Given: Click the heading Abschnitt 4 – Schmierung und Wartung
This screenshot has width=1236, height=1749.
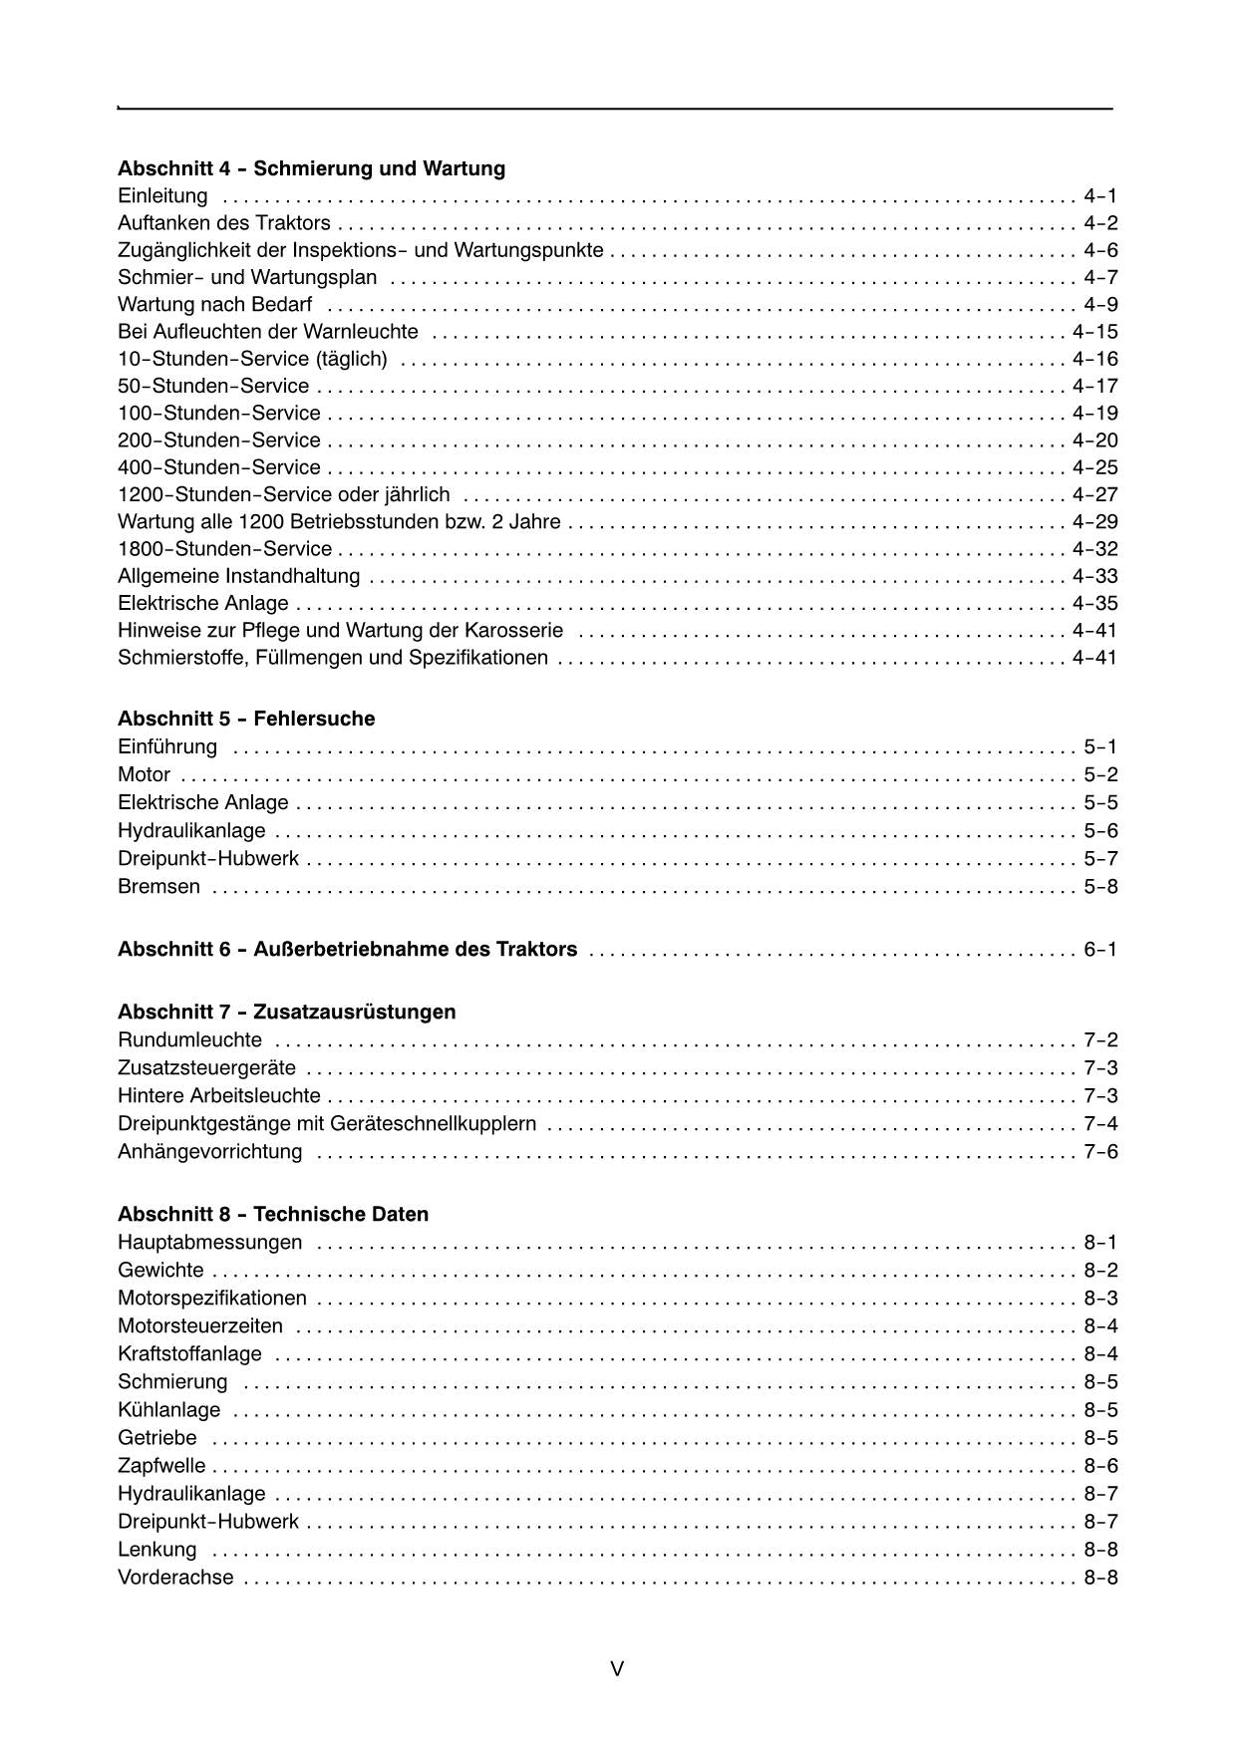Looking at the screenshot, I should coord(311,168).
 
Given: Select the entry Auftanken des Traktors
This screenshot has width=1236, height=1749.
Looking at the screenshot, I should coord(223,223).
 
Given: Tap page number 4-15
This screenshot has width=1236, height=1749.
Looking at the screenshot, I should coord(1094,332).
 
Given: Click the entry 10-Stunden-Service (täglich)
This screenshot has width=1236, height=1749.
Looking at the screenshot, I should coord(252,359).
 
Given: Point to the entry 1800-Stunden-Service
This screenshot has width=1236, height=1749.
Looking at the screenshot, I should coord(224,549).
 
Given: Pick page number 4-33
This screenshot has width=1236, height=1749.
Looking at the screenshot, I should coord(1094,576).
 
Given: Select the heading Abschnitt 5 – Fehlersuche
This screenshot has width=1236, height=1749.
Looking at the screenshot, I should coord(246,719).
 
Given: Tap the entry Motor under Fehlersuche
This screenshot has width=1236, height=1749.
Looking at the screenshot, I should coord(144,774).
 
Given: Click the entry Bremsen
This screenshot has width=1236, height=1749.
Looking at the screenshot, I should coord(158,886).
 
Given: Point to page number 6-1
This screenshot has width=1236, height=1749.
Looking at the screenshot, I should coord(1100,950).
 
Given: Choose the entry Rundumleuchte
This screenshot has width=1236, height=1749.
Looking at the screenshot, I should coord(189,1040).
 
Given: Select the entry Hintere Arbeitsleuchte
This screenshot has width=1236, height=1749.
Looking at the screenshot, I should coord(218,1096).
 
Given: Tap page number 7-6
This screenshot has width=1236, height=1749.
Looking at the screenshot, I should coord(1100,1152).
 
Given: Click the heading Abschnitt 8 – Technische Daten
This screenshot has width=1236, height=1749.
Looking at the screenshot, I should coord(273,1214).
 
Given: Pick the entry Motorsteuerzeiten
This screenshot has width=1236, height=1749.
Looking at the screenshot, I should coord(200,1326).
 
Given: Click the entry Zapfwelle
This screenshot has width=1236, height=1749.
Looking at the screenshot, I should coord(161,1466).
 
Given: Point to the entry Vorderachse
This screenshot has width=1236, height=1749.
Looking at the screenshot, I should coord(175,1578).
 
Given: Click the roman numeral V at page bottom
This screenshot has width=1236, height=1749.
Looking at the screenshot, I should coord(617,1668).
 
